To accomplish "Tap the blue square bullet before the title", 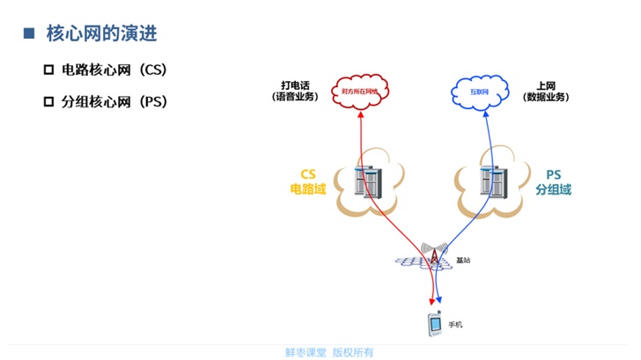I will click(28, 34).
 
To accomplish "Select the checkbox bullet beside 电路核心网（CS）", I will click(48, 69).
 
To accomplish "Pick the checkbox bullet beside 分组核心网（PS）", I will click(48, 101).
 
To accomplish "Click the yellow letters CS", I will click(308, 173).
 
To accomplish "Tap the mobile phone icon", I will click(434, 326).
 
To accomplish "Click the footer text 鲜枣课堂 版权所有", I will click(329, 352).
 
